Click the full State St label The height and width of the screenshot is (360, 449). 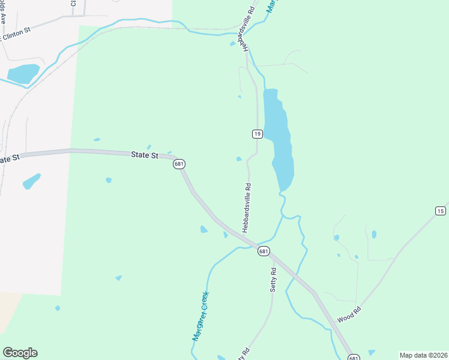pos(144,155)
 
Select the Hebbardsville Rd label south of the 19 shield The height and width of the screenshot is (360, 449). pos(246,208)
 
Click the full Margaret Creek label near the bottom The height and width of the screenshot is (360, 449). pos(200,316)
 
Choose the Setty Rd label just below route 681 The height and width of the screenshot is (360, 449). pos(273,276)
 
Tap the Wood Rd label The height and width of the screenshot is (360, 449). pos(350,313)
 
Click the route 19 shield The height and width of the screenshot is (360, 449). pos(257,134)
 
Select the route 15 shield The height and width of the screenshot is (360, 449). pos(441,211)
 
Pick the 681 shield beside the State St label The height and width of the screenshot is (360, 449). pos(179,164)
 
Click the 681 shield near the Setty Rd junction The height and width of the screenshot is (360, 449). pos(264,251)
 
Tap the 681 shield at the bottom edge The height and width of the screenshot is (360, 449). pos(353,357)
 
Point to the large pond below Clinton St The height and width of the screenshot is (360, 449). pos(23,73)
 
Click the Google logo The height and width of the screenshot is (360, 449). pos(20,352)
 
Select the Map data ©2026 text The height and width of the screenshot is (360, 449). pos(423,355)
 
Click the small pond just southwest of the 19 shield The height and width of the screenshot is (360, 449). pos(239,159)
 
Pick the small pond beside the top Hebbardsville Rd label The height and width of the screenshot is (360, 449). pos(233,43)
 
